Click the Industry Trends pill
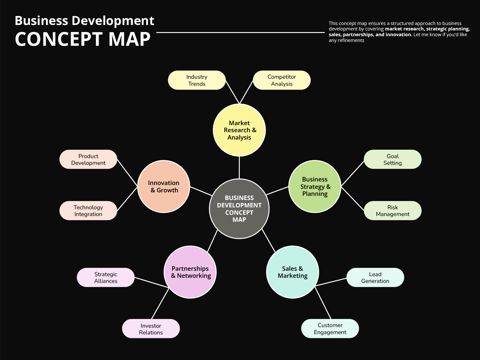point(197,80)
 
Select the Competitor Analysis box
point(282,80)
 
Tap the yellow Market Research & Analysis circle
point(239,130)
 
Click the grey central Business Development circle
point(239,209)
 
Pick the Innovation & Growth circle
point(164,187)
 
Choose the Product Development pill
point(88,159)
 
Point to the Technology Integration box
point(88,211)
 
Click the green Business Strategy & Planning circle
point(315,187)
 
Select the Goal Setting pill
point(393,159)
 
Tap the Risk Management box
point(393,211)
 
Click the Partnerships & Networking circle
point(190,272)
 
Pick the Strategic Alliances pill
point(106,277)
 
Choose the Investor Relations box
point(151,329)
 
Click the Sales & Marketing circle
point(292,272)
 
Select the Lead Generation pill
point(375,277)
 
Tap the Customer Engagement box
point(330,329)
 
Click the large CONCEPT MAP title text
point(83,39)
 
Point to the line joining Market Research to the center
point(239,167)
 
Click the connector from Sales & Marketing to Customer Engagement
point(323,303)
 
